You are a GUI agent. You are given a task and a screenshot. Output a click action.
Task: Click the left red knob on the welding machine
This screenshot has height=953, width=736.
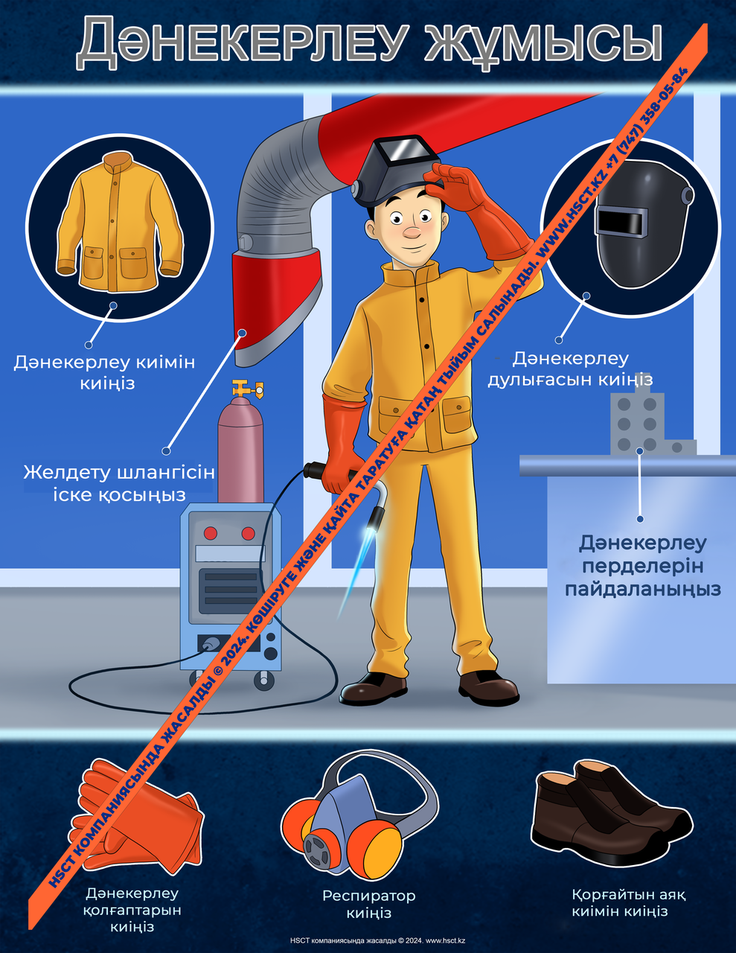[211, 533]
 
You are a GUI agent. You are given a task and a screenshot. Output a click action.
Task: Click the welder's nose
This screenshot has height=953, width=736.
[412, 232]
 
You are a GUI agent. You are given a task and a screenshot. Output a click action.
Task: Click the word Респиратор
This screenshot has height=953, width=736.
[368, 896]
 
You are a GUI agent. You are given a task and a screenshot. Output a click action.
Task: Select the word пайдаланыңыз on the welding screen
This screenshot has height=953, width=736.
[643, 590]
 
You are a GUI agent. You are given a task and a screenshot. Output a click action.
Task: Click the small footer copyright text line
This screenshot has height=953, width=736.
[377, 940]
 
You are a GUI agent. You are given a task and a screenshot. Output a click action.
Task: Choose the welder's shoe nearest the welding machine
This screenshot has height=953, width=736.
[373, 689]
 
